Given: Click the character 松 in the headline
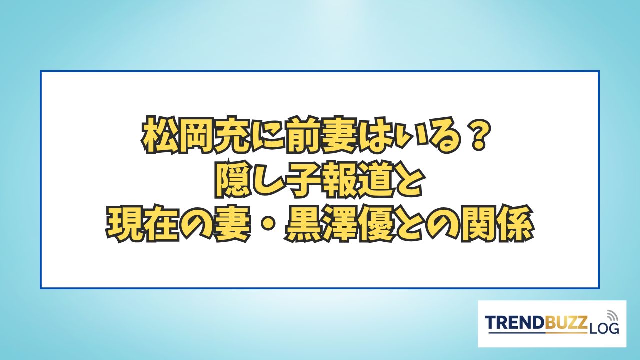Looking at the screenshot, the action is coord(159,135).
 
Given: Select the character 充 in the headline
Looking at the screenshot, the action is coord(231,135).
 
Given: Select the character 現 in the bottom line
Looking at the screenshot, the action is coord(125,223).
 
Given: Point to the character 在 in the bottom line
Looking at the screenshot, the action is coord(160,223).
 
